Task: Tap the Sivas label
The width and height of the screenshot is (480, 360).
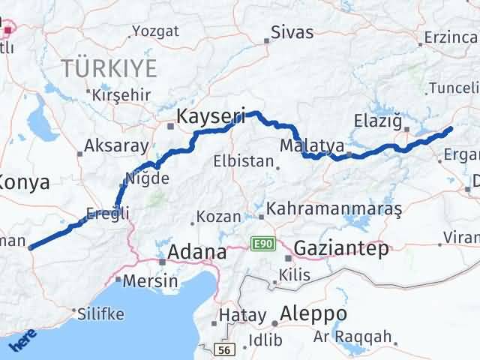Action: (292, 32)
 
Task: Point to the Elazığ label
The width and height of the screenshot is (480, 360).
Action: (379, 120)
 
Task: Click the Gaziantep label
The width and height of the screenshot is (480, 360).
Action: (341, 247)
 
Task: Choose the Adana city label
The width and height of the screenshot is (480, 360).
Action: (196, 252)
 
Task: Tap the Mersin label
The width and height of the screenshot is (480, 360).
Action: (151, 281)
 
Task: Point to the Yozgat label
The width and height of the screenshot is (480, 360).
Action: (155, 31)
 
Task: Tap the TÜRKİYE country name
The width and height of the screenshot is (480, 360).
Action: (109, 68)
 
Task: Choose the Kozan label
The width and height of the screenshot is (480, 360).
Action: (218, 217)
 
